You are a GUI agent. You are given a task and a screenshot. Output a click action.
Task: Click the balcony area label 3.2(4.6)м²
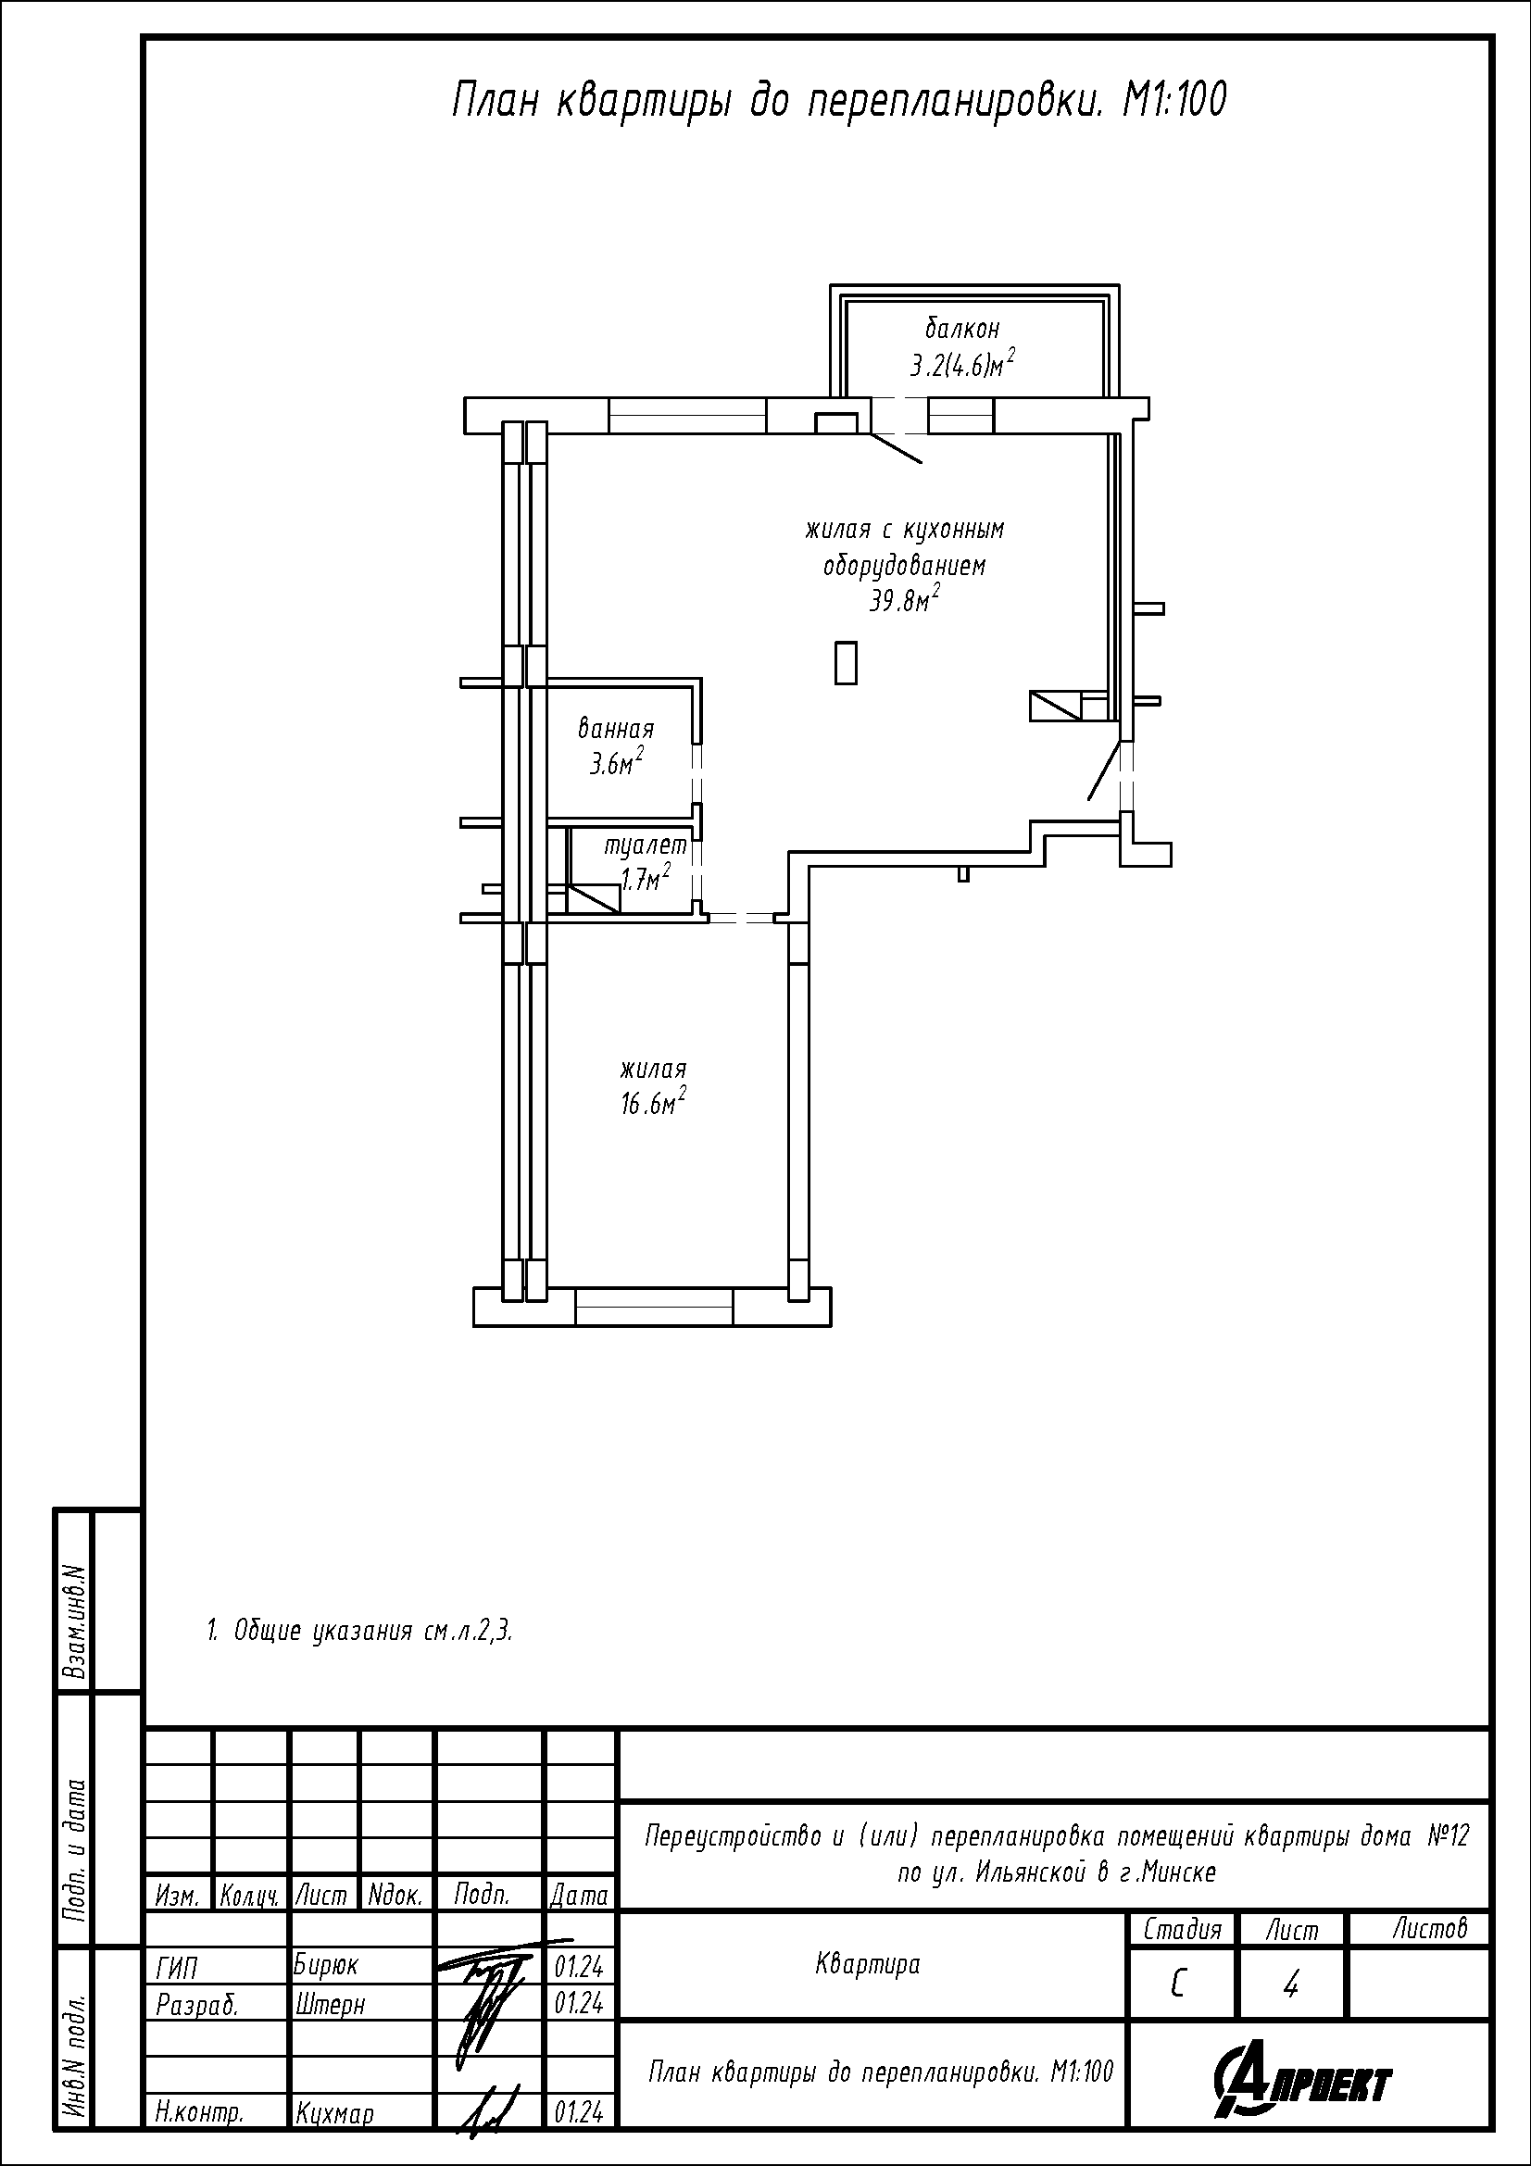(x=962, y=363)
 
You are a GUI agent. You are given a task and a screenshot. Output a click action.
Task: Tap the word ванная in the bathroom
(x=616, y=729)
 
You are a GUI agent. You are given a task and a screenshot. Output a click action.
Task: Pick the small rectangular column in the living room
(x=847, y=662)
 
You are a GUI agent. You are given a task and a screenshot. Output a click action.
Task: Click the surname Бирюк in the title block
(x=326, y=1964)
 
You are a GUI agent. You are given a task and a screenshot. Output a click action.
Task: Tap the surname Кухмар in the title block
(x=335, y=2115)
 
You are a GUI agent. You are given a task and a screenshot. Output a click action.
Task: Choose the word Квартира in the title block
(x=867, y=1964)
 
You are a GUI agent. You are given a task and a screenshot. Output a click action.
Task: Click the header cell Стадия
(x=1182, y=1930)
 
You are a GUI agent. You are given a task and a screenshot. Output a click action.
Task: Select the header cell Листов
(x=1430, y=1929)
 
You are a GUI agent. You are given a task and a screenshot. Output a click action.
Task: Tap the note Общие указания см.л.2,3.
(x=359, y=1631)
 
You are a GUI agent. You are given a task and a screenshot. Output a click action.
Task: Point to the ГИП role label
(x=176, y=1965)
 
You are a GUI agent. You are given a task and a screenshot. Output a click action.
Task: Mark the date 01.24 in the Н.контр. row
(x=579, y=2113)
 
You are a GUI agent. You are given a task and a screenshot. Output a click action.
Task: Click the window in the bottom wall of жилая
(x=654, y=1308)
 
